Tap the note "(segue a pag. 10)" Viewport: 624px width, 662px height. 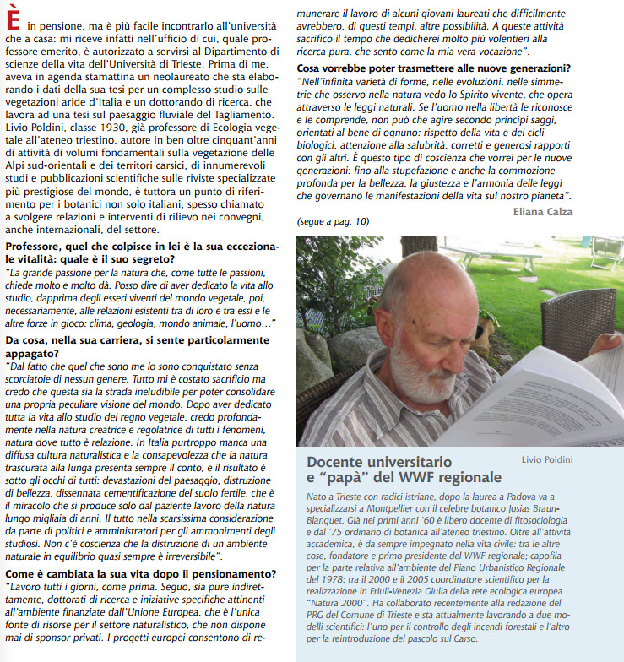coord(333,221)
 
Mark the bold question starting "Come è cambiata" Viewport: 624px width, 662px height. coord(139,573)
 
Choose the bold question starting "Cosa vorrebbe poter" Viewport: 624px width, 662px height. coord(433,68)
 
